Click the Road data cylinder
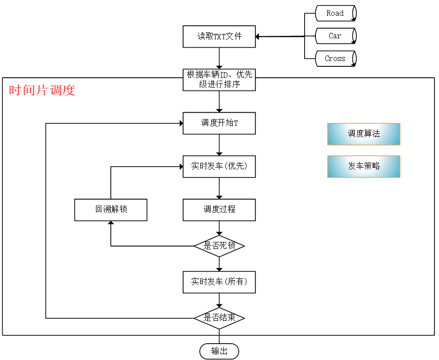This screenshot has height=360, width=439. coord(335,13)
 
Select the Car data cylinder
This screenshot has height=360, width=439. coord(335,36)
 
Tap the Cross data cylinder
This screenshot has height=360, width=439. coord(335,59)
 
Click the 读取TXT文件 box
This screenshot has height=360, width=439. coord(219,36)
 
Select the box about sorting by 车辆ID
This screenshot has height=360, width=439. coord(219,79)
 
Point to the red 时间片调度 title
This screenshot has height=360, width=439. coord(42,90)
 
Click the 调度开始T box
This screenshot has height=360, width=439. coord(219,123)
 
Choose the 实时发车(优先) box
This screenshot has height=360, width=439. coord(219,166)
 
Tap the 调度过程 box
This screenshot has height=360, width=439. coord(219,210)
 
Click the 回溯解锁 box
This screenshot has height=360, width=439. coord(111,210)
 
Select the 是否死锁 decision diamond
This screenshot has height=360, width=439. coord(219,246)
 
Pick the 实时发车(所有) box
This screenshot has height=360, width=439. coord(219,282)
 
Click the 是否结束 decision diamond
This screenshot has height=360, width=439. coord(219,318)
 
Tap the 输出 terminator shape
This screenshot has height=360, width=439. coord(219,351)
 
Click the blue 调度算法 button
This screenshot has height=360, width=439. coord(364,134)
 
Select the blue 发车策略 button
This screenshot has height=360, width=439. coord(364,166)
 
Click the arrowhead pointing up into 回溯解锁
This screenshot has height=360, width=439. coord(111,224)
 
